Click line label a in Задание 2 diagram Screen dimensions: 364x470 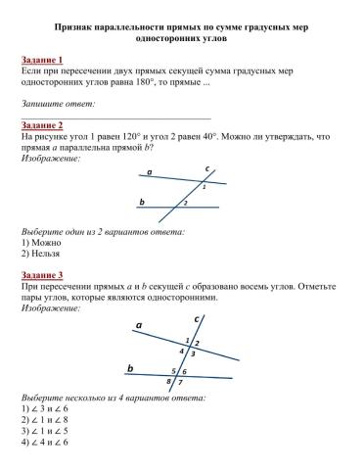point(150,172)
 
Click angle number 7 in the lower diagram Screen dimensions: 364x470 point(180,381)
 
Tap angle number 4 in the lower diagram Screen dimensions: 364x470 point(181,351)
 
